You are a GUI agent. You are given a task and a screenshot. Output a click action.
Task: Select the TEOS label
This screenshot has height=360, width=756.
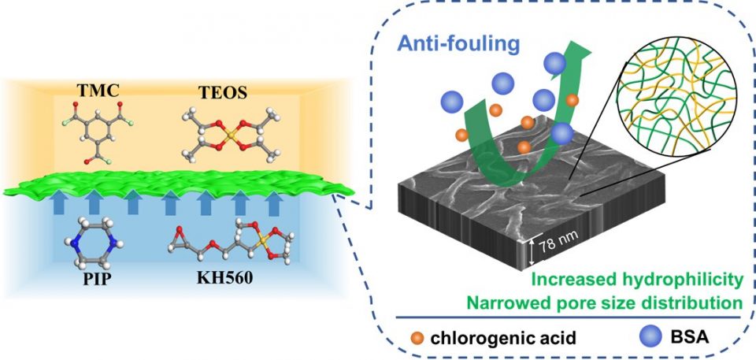point(223,93)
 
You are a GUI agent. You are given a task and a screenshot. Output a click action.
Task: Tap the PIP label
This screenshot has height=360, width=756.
point(97,280)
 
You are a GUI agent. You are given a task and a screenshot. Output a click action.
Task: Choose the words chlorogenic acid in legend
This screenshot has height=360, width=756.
point(486,338)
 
